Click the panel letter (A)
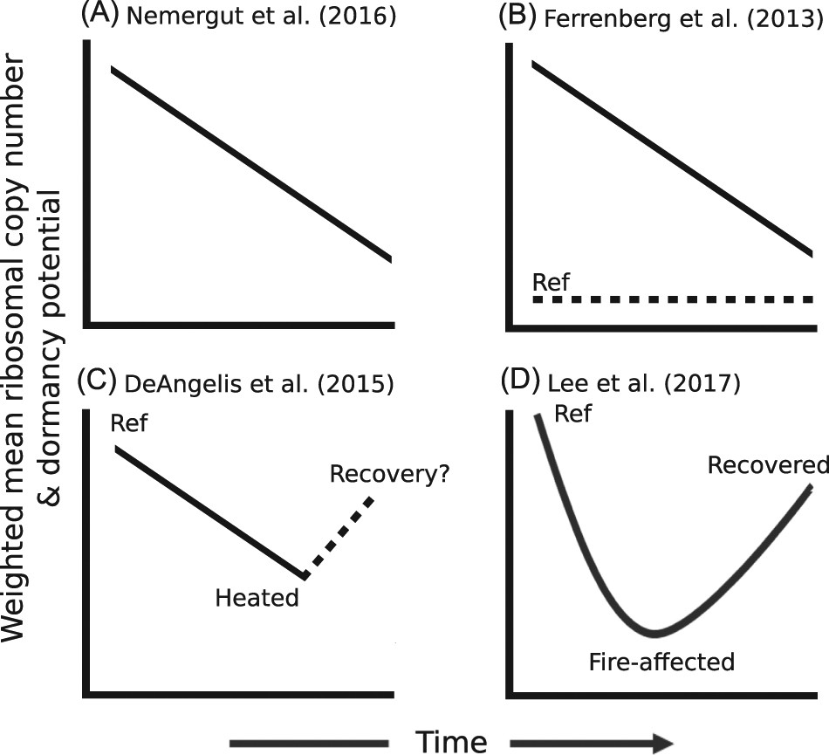tap(99, 15)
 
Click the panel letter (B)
tap(517, 17)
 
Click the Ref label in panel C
tap(130, 424)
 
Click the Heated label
tap(257, 598)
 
